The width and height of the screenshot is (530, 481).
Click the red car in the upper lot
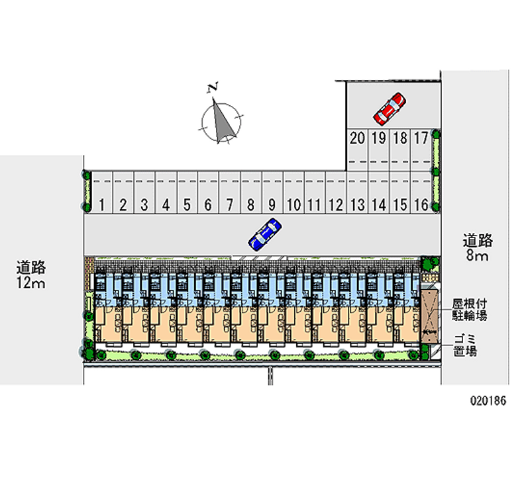(x=390, y=109)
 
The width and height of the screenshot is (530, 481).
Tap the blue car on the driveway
(x=265, y=234)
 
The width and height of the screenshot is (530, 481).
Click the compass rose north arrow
(x=223, y=121)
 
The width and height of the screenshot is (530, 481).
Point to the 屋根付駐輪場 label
(x=470, y=310)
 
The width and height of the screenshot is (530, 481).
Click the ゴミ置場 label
(x=464, y=345)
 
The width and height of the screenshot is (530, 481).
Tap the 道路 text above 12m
(x=30, y=268)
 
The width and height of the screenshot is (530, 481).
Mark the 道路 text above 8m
(x=477, y=240)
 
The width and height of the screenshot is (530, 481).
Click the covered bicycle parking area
(x=429, y=316)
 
